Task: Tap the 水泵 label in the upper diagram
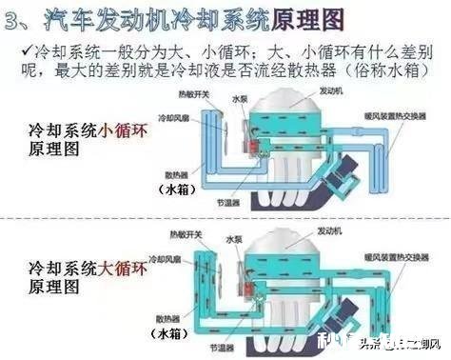(240, 97)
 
